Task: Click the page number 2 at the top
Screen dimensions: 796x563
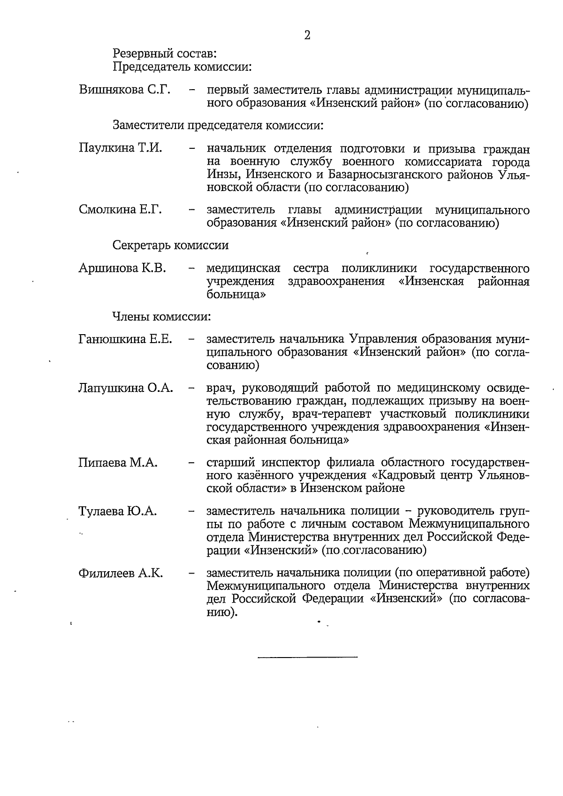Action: (x=307, y=35)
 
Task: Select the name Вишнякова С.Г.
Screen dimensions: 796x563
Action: (x=124, y=90)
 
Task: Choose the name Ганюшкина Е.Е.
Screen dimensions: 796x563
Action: (x=125, y=338)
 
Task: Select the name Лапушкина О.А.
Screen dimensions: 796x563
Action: (x=126, y=388)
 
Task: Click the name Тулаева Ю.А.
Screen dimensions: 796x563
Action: (x=117, y=511)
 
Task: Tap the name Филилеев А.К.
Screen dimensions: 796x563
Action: (x=121, y=573)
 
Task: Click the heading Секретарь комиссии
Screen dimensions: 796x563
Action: (x=171, y=245)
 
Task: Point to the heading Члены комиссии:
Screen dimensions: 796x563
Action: (x=161, y=317)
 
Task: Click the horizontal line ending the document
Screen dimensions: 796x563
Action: (x=307, y=656)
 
